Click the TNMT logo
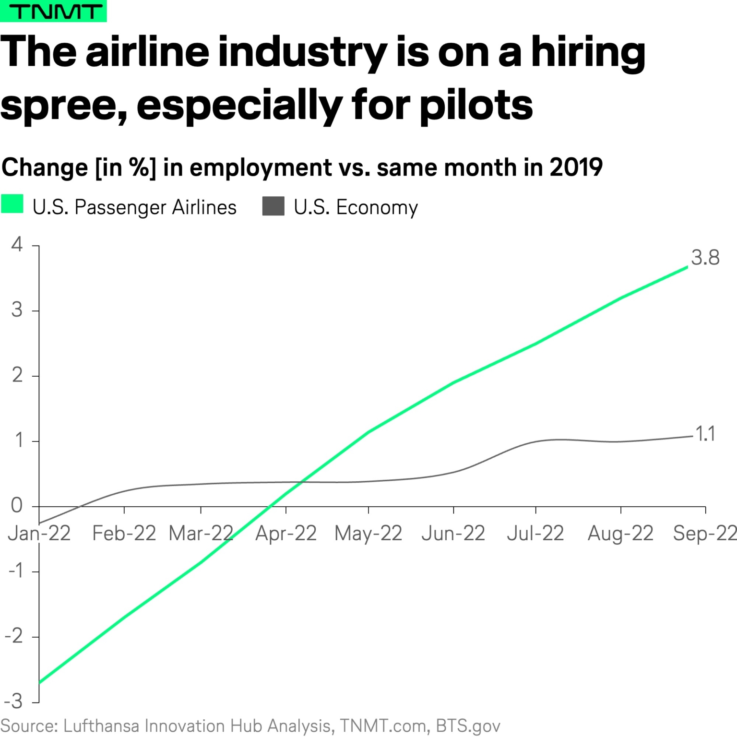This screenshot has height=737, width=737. point(53,11)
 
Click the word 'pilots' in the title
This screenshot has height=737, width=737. point(476,105)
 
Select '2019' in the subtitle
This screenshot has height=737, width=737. point(576,167)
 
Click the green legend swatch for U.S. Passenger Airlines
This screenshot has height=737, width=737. point(12,205)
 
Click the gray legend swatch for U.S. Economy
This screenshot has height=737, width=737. point(273,206)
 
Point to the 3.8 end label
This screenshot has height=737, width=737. point(705,258)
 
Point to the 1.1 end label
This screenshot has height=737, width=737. point(705,434)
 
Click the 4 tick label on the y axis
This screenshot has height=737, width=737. point(17,245)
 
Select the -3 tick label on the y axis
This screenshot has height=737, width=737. point(13,701)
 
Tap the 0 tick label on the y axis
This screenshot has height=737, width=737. point(17,505)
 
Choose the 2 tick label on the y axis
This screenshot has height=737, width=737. point(17,375)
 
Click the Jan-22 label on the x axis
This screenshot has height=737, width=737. point(39,533)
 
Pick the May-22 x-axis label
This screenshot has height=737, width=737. point(368,533)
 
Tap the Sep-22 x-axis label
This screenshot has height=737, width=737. point(704,533)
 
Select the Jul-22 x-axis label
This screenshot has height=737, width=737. point(535,533)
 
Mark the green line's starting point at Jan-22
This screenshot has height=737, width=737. point(40,682)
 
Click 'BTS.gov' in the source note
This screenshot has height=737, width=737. point(468,726)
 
